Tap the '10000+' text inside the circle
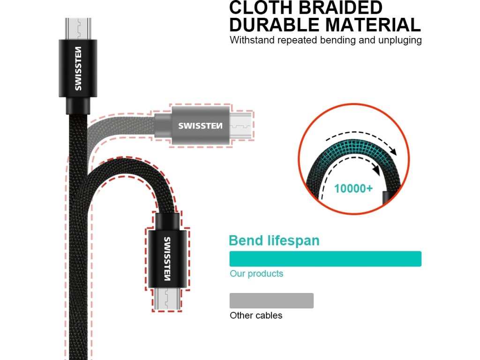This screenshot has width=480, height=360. (x=353, y=189)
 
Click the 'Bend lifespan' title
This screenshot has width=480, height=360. (x=274, y=240)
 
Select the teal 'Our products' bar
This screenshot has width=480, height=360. (x=325, y=259)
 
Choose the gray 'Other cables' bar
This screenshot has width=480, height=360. (x=271, y=300)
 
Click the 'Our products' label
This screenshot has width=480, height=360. (x=256, y=273)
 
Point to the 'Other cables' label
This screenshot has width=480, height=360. (x=256, y=315)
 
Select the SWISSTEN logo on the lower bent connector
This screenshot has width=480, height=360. (x=167, y=257)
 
